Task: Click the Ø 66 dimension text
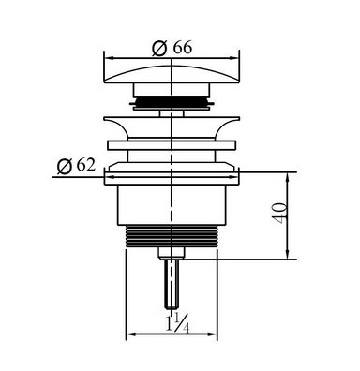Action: click(x=172, y=49)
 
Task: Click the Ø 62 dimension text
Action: click(x=76, y=165)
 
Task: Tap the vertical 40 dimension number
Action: click(x=280, y=213)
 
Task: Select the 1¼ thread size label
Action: click(x=177, y=323)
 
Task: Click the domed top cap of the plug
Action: click(x=172, y=74)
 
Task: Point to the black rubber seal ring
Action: click(x=172, y=102)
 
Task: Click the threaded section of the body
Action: click(x=172, y=236)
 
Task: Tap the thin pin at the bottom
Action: click(x=172, y=284)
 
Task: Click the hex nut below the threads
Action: click(x=172, y=253)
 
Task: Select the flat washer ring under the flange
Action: click(x=172, y=145)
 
